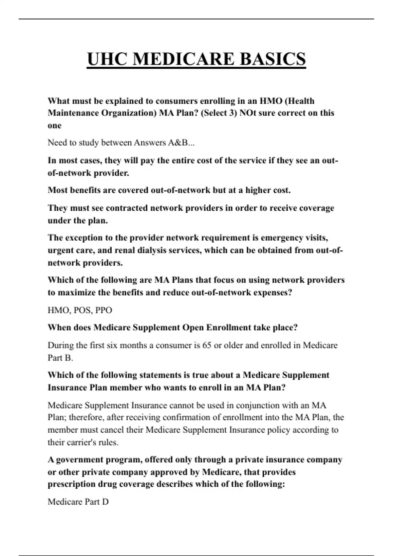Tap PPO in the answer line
point(103,310)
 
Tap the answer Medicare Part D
point(78,502)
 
